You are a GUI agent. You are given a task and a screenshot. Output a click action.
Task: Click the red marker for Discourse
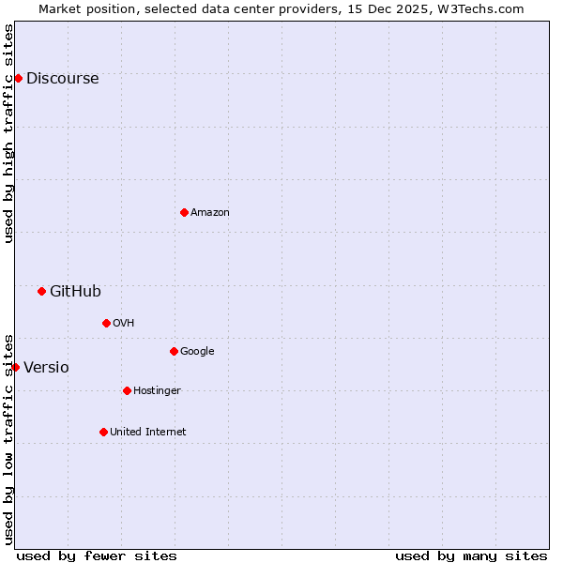tap(18, 78)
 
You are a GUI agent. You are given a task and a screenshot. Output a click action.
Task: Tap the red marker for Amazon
tap(184, 212)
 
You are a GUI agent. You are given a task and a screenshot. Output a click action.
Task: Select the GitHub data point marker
tap(41, 291)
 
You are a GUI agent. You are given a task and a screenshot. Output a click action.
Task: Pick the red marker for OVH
tap(106, 323)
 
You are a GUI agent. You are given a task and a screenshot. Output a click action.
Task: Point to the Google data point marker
tap(174, 351)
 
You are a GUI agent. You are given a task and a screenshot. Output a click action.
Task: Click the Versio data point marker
tap(15, 367)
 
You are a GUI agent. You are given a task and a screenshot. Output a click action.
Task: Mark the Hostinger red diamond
tap(127, 390)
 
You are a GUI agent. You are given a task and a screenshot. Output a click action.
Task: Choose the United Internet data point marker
tap(103, 432)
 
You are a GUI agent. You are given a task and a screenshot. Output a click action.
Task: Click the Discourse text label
tap(62, 79)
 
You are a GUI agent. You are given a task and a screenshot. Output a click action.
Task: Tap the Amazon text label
tap(210, 213)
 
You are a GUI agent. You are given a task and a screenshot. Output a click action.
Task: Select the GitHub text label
tap(75, 292)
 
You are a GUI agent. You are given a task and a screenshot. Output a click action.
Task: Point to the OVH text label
tap(124, 324)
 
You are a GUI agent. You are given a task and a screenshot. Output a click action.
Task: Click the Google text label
tap(197, 352)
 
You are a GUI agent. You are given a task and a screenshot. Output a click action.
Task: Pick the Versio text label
tap(46, 368)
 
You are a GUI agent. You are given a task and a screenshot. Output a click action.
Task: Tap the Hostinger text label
tap(157, 391)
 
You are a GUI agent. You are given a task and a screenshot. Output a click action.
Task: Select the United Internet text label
tap(148, 433)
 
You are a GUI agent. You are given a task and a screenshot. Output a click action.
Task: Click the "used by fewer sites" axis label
tap(97, 555)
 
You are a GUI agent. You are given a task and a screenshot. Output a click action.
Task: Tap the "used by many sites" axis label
tap(471, 555)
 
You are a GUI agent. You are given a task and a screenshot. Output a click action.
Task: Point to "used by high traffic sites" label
tap(8, 133)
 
